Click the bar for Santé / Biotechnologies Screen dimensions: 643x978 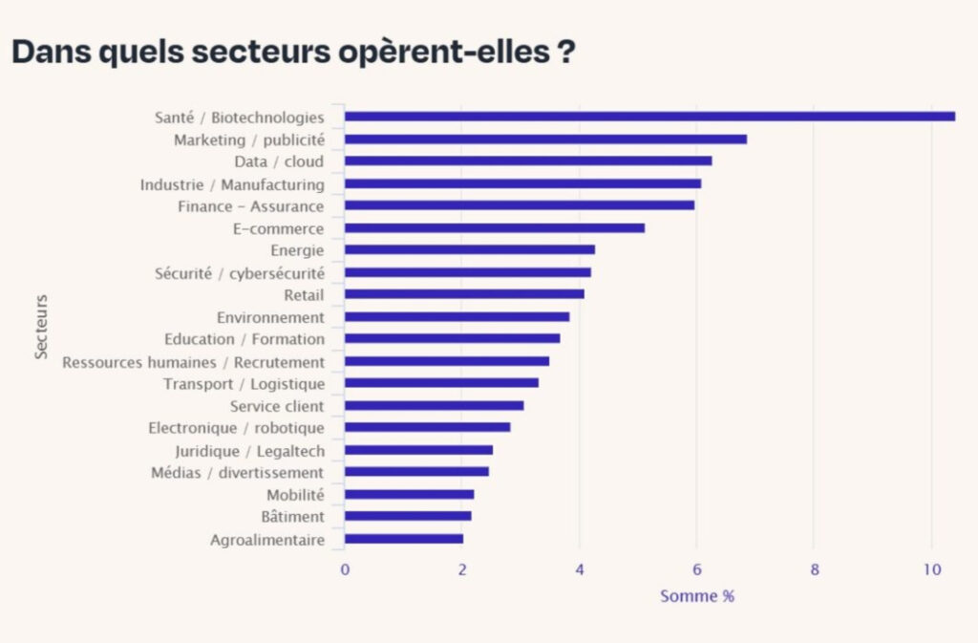tap(649, 117)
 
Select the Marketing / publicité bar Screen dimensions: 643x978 tap(545, 139)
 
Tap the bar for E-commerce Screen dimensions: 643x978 tap(495, 228)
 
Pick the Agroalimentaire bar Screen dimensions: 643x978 tap(404, 539)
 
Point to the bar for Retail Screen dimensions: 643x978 tap(464, 294)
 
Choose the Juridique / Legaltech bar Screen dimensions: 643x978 tap(418, 450)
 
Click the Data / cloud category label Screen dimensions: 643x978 tap(279, 161)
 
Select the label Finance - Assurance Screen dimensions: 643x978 tap(250, 206)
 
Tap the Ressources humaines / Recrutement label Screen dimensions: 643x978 tap(193, 362)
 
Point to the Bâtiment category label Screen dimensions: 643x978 tap(292, 517)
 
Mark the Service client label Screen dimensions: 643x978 tap(277, 406)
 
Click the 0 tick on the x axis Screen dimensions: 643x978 tap(345, 570)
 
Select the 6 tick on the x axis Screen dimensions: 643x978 tap(697, 570)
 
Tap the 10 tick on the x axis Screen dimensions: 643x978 tap(932, 570)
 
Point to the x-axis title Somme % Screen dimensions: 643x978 tap(697, 596)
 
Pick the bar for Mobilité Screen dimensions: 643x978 tap(409, 495)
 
